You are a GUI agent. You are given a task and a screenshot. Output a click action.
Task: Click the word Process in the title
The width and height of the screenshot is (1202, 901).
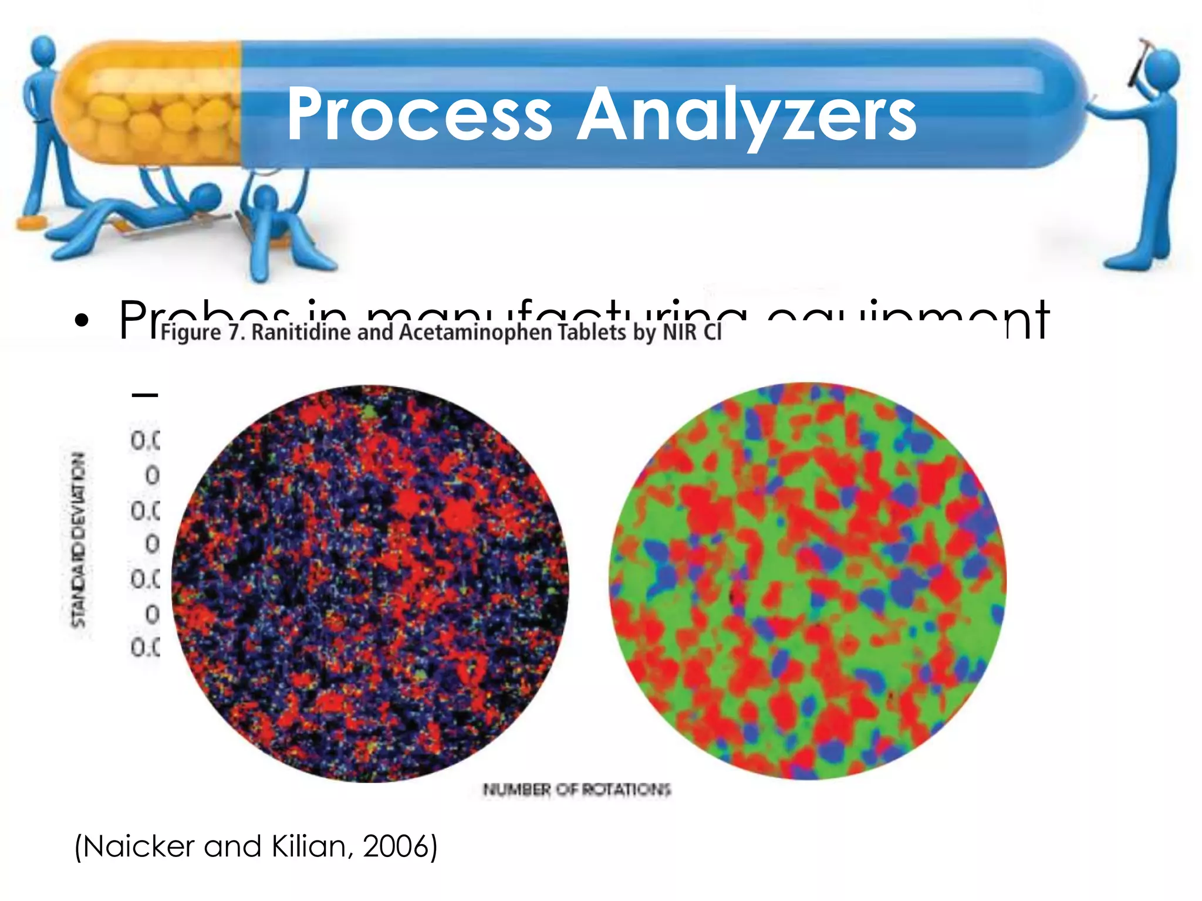419,114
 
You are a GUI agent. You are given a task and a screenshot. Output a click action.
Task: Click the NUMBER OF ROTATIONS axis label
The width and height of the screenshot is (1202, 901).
576,790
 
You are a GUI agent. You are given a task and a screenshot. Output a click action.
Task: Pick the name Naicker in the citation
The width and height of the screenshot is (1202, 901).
137,846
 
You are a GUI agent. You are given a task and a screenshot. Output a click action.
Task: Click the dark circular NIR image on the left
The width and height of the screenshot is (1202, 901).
370,583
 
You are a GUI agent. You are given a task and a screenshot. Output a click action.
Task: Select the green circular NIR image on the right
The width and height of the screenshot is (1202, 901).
808,581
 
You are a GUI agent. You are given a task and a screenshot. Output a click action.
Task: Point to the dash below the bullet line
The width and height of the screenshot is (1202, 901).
145,395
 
